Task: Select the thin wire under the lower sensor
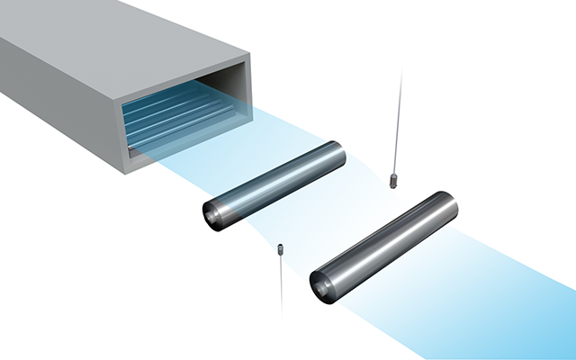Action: pyautogui.click(x=282, y=283)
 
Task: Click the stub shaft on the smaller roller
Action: pyautogui.click(x=209, y=215)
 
